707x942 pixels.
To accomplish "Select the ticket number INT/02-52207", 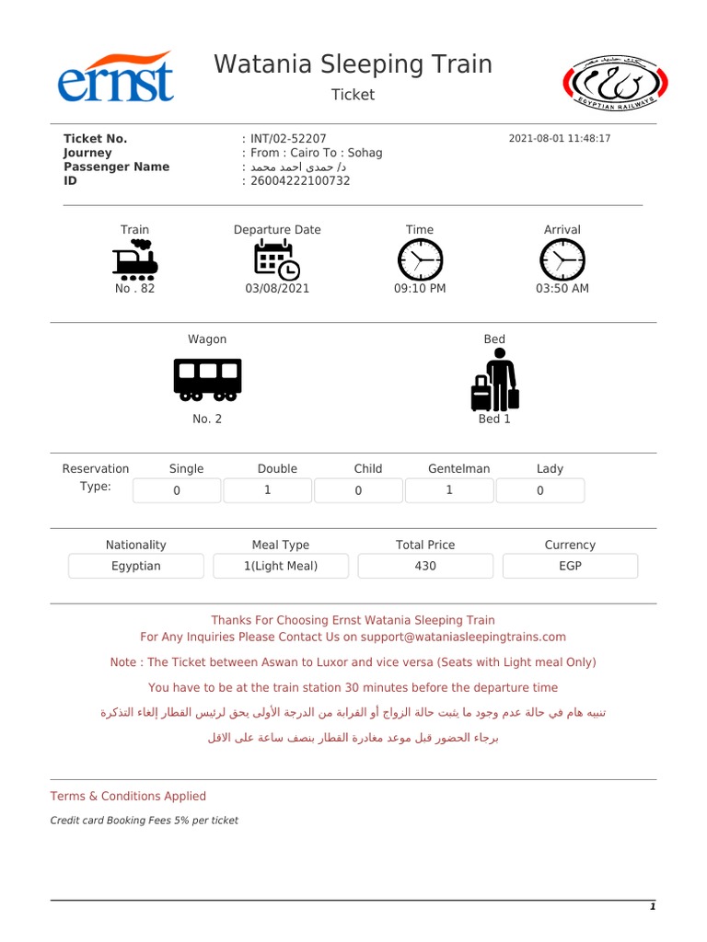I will pos(288,139).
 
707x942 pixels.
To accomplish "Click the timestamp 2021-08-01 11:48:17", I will pos(559,139).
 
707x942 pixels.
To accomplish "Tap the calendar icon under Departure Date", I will pos(276,259).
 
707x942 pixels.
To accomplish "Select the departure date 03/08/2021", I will pos(277,288).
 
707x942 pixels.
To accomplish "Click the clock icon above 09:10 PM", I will pos(420,259).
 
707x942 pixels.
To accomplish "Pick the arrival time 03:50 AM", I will pos(562,288).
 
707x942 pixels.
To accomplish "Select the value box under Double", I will pos(267,490).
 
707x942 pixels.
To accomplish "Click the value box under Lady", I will pos(540,490).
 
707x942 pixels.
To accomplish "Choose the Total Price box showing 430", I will pos(425,566).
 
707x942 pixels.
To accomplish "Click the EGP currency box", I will pos(570,566).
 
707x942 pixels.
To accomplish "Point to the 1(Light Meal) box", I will pos(281,566).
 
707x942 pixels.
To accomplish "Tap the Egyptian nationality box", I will pos(136,566).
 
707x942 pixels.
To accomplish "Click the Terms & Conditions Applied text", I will pos(128,796).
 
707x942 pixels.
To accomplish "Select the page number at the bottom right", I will pos(652,907).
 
